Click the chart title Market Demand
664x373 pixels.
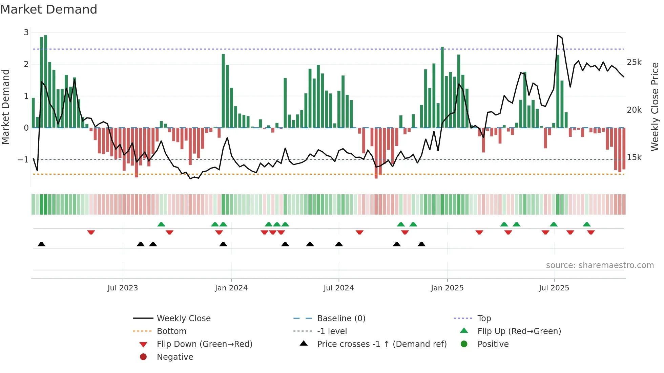pyautogui.click(x=49, y=9)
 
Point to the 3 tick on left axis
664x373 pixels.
pyautogui.click(x=26, y=32)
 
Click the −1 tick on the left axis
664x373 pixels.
pyautogui.click(x=23, y=159)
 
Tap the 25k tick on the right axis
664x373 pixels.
pyautogui.click(x=634, y=62)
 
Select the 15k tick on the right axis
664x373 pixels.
pyautogui.click(x=634, y=157)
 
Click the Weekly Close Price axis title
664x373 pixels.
pyautogui.click(x=655, y=107)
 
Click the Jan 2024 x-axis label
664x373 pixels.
pyautogui.click(x=231, y=288)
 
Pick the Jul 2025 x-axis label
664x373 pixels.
pyautogui.click(x=554, y=288)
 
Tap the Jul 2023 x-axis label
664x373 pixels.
pyautogui.click(x=123, y=288)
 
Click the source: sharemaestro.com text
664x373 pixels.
pyautogui.click(x=600, y=265)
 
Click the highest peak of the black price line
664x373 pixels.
pyautogui.click(x=558, y=35)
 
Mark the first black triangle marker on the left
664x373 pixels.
pyautogui.click(x=41, y=244)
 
